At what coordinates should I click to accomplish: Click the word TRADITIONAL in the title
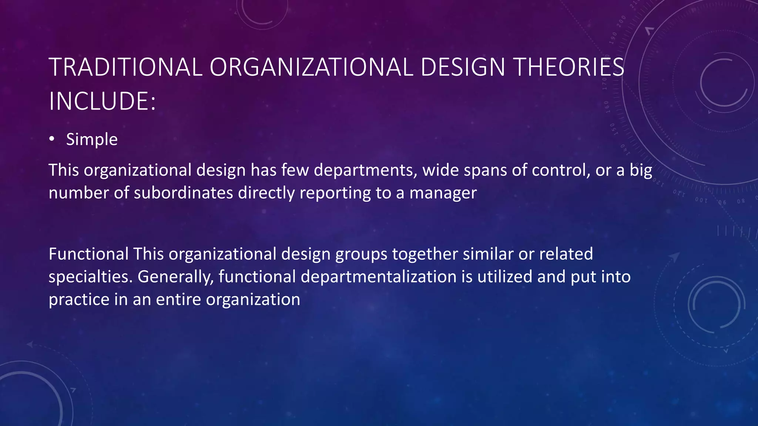pos(125,67)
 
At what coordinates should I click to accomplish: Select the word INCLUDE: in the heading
pos(102,101)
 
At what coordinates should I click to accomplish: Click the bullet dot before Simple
pos(52,139)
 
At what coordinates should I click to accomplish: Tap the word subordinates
pos(183,193)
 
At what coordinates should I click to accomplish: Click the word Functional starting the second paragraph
pos(88,254)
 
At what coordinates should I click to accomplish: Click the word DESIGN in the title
pos(463,67)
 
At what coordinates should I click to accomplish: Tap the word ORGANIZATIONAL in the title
pos(311,67)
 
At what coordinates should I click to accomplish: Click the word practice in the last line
pos(79,300)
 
